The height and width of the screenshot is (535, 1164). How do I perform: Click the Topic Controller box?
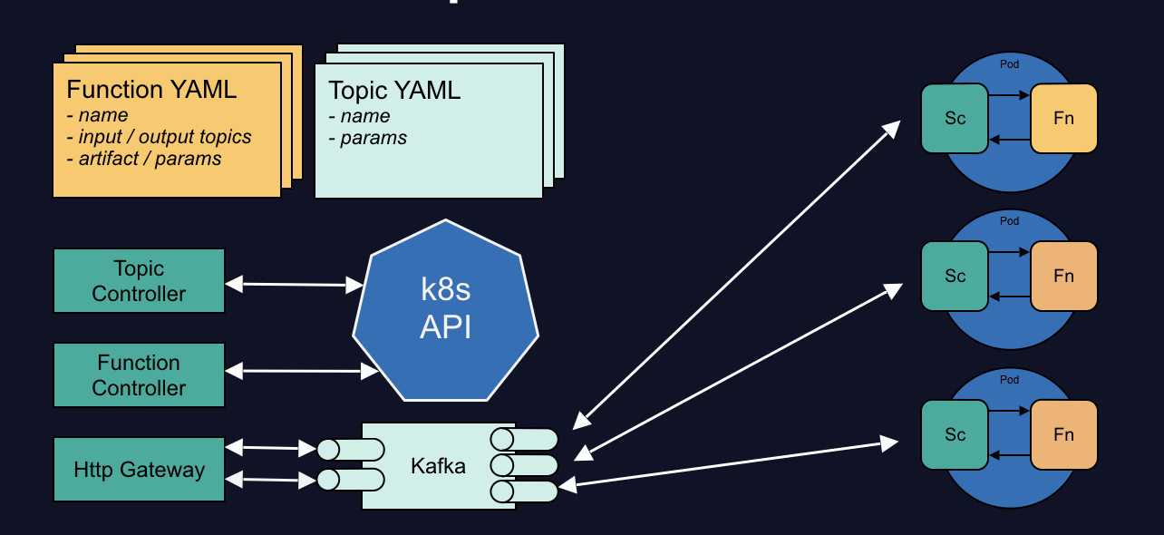click(x=139, y=281)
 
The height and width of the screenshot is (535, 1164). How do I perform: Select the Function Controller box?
click(x=139, y=374)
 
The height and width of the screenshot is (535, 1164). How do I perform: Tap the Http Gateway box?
click(x=139, y=470)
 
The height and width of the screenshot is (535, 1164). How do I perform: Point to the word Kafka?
click(x=438, y=466)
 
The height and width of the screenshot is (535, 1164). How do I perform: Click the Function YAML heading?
click(x=151, y=90)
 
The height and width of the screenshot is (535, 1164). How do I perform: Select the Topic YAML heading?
click(x=394, y=91)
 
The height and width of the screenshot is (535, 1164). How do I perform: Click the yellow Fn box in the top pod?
click(x=1064, y=118)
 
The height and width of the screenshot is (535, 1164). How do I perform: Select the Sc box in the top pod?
click(x=955, y=118)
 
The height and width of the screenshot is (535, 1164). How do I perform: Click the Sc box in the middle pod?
click(x=955, y=276)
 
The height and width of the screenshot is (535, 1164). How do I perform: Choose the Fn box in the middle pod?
click(x=1064, y=276)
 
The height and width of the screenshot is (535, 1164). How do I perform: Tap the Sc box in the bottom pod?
click(x=955, y=434)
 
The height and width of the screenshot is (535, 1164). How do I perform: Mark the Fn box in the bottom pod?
click(x=1064, y=434)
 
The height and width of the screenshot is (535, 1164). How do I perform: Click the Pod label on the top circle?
click(x=1009, y=64)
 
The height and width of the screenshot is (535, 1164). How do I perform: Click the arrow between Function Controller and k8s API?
click(x=301, y=371)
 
